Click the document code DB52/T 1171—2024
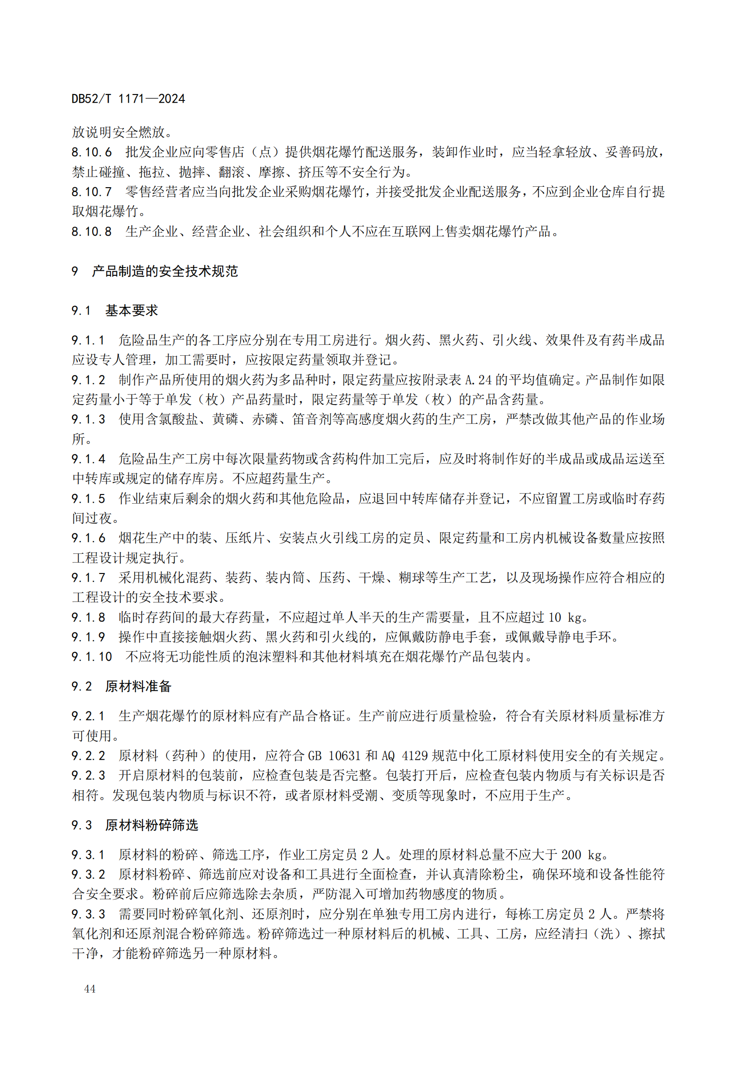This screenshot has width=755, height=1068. coord(128,99)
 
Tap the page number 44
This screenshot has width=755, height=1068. coord(90,989)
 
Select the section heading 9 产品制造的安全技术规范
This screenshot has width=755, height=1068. coord(155,271)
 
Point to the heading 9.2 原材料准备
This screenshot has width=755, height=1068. coord(121,686)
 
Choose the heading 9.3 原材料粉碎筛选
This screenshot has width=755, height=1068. coord(134,825)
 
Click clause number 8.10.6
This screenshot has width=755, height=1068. coord(92,152)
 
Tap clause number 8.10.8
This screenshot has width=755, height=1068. coord(92,231)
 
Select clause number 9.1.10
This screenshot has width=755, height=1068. coord(92,656)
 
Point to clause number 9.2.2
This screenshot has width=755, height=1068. coord(89,755)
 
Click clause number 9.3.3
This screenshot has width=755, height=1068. coord(89,914)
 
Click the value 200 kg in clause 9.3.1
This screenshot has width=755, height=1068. coord(581,854)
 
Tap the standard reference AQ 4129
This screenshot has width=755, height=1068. coord(404,755)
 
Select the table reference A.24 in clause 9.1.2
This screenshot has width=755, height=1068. coord(478,380)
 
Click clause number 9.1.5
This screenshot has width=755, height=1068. coord(89,499)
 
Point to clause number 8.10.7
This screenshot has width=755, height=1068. coord(92,192)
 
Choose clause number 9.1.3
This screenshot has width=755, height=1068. coord(89,419)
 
